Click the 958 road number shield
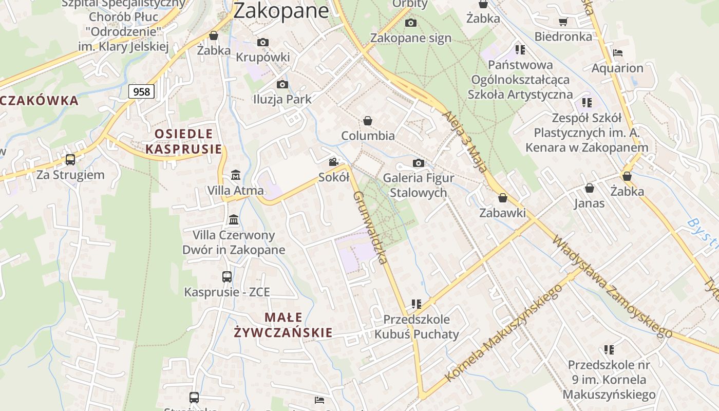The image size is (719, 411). point(141,92)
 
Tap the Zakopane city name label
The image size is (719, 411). point(281,10)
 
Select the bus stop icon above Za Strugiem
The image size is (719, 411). point(70,160)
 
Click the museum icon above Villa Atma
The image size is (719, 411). point(235,175)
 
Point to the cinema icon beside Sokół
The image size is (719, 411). point(334,162)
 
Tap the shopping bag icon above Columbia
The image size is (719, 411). point(368,121)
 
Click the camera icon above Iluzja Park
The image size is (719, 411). point(282,85)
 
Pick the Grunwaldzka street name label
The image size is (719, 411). point(370,227)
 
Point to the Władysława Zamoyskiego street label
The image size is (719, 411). point(612,286)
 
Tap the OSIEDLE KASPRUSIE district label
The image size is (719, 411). point(184,141)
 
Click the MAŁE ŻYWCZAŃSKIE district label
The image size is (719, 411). point(283,325)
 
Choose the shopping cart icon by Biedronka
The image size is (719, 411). point(563,22)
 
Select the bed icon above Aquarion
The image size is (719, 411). point(618,53)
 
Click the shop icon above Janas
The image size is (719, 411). point(590,189)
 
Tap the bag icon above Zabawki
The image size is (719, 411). point(503,198)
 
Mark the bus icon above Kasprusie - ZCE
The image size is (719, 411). point(227,277)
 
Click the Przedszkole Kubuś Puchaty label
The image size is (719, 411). point(417,327)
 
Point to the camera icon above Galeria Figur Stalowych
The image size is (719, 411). point(419,163)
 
